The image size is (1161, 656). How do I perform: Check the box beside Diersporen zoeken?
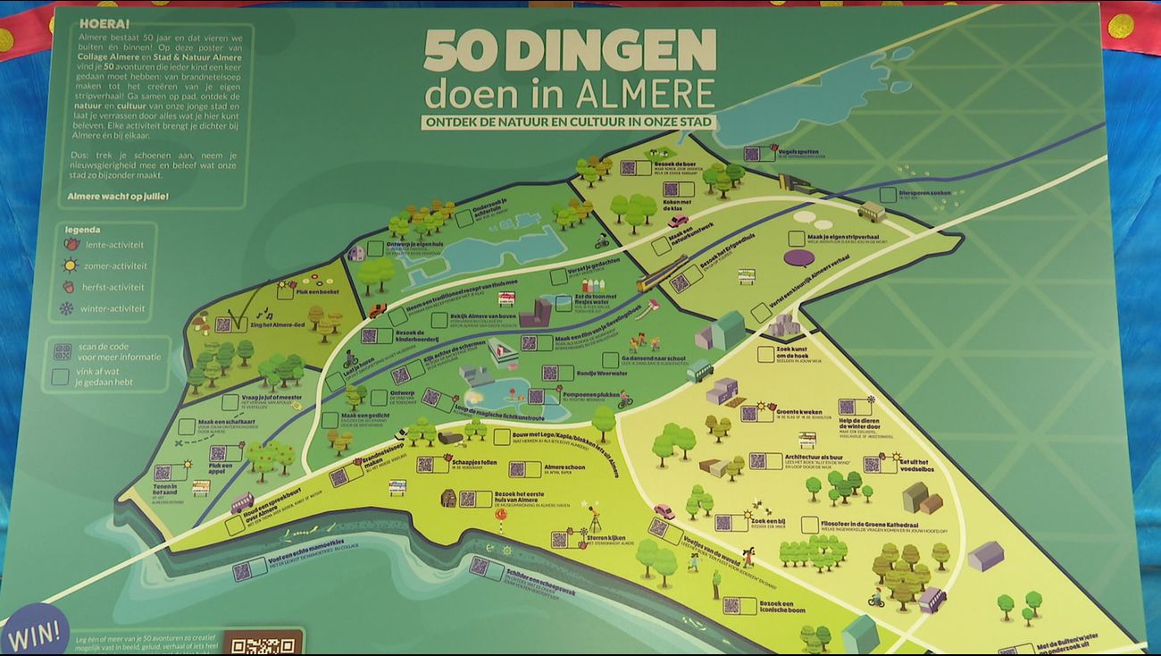tap(888, 194)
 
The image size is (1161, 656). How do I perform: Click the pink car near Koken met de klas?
tap(678, 221)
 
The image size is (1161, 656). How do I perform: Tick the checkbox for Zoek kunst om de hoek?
tap(765, 354)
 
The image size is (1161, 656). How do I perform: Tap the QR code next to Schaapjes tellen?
tap(425, 464)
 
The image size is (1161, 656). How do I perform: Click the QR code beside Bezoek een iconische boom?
tap(732, 605)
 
